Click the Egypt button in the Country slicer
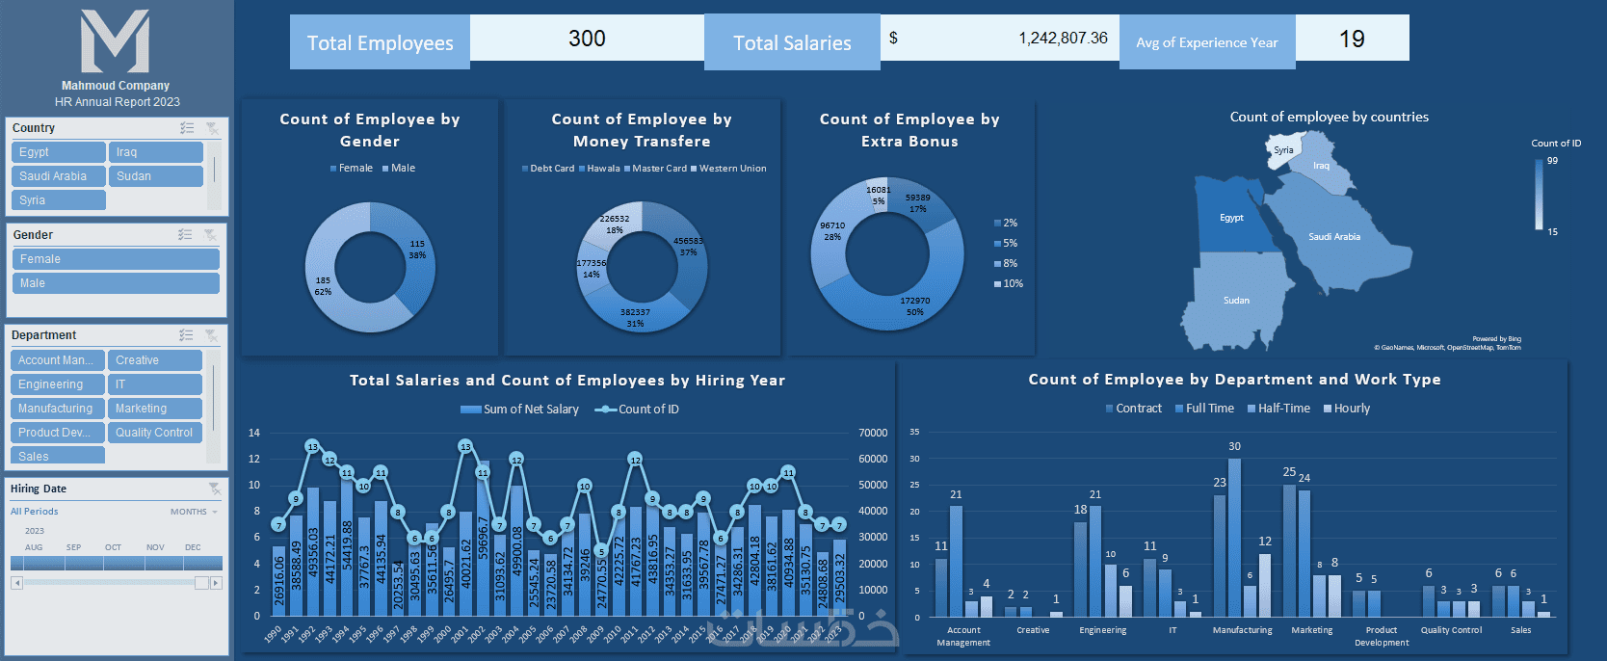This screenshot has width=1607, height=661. pyautogui.click(x=58, y=152)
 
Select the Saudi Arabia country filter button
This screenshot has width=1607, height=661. pyautogui.click(x=58, y=176)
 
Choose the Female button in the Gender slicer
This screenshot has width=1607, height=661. pyautogui.click(x=116, y=259)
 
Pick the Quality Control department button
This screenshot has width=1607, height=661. pyautogui.click(x=154, y=433)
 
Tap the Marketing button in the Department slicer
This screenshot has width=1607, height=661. pyautogui.click(x=154, y=409)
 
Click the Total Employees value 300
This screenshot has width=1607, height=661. pyautogui.click(x=587, y=39)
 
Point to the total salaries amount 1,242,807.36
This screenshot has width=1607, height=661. pyautogui.click(x=1063, y=39)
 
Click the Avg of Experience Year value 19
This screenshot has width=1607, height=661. pyautogui.click(x=1352, y=40)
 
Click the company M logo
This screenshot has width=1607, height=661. pyautogui.click(x=116, y=42)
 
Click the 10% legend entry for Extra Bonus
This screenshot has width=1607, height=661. pyautogui.click(x=1012, y=284)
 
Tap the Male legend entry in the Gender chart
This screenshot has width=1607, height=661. pyautogui.click(x=403, y=169)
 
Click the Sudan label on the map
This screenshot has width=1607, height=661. pyautogui.click(x=1236, y=301)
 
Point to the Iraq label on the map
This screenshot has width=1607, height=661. pyautogui.click(x=1321, y=166)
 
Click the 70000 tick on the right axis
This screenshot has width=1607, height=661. pyautogui.click(x=873, y=434)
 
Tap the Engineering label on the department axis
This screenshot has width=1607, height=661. pyautogui.click(x=1102, y=630)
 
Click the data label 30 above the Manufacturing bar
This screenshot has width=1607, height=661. pyautogui.click(x=1234, y=447)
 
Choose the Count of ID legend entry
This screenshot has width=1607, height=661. pyautogui.click(x=647, y=410)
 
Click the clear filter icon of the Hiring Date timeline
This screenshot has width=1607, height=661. pyautogui.click(x=214, y=489)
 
